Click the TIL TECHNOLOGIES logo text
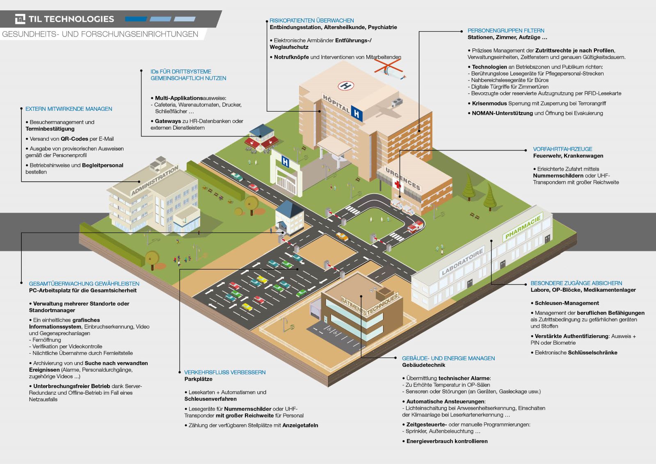click(71, 19)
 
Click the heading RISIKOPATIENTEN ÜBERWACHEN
click(311, 21)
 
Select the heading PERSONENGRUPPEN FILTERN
click(505, 30)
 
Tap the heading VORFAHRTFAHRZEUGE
click(562, 149)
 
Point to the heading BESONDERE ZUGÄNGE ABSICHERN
click(576, 283)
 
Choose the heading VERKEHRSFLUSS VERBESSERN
click(224, 372)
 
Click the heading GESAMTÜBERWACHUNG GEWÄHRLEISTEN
click(84, 283)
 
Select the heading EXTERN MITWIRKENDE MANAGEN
click(69, 109)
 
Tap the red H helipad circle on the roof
click(345, 86)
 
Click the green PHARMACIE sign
click(523, 228)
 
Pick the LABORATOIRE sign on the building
click(463, 261)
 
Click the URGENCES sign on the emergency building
click(403, 179)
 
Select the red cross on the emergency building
click(397, 184)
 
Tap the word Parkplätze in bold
click(198, 379)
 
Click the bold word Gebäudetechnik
click(423, 365)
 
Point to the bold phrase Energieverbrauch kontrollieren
click(447, 441)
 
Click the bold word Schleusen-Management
click(567, 303)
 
